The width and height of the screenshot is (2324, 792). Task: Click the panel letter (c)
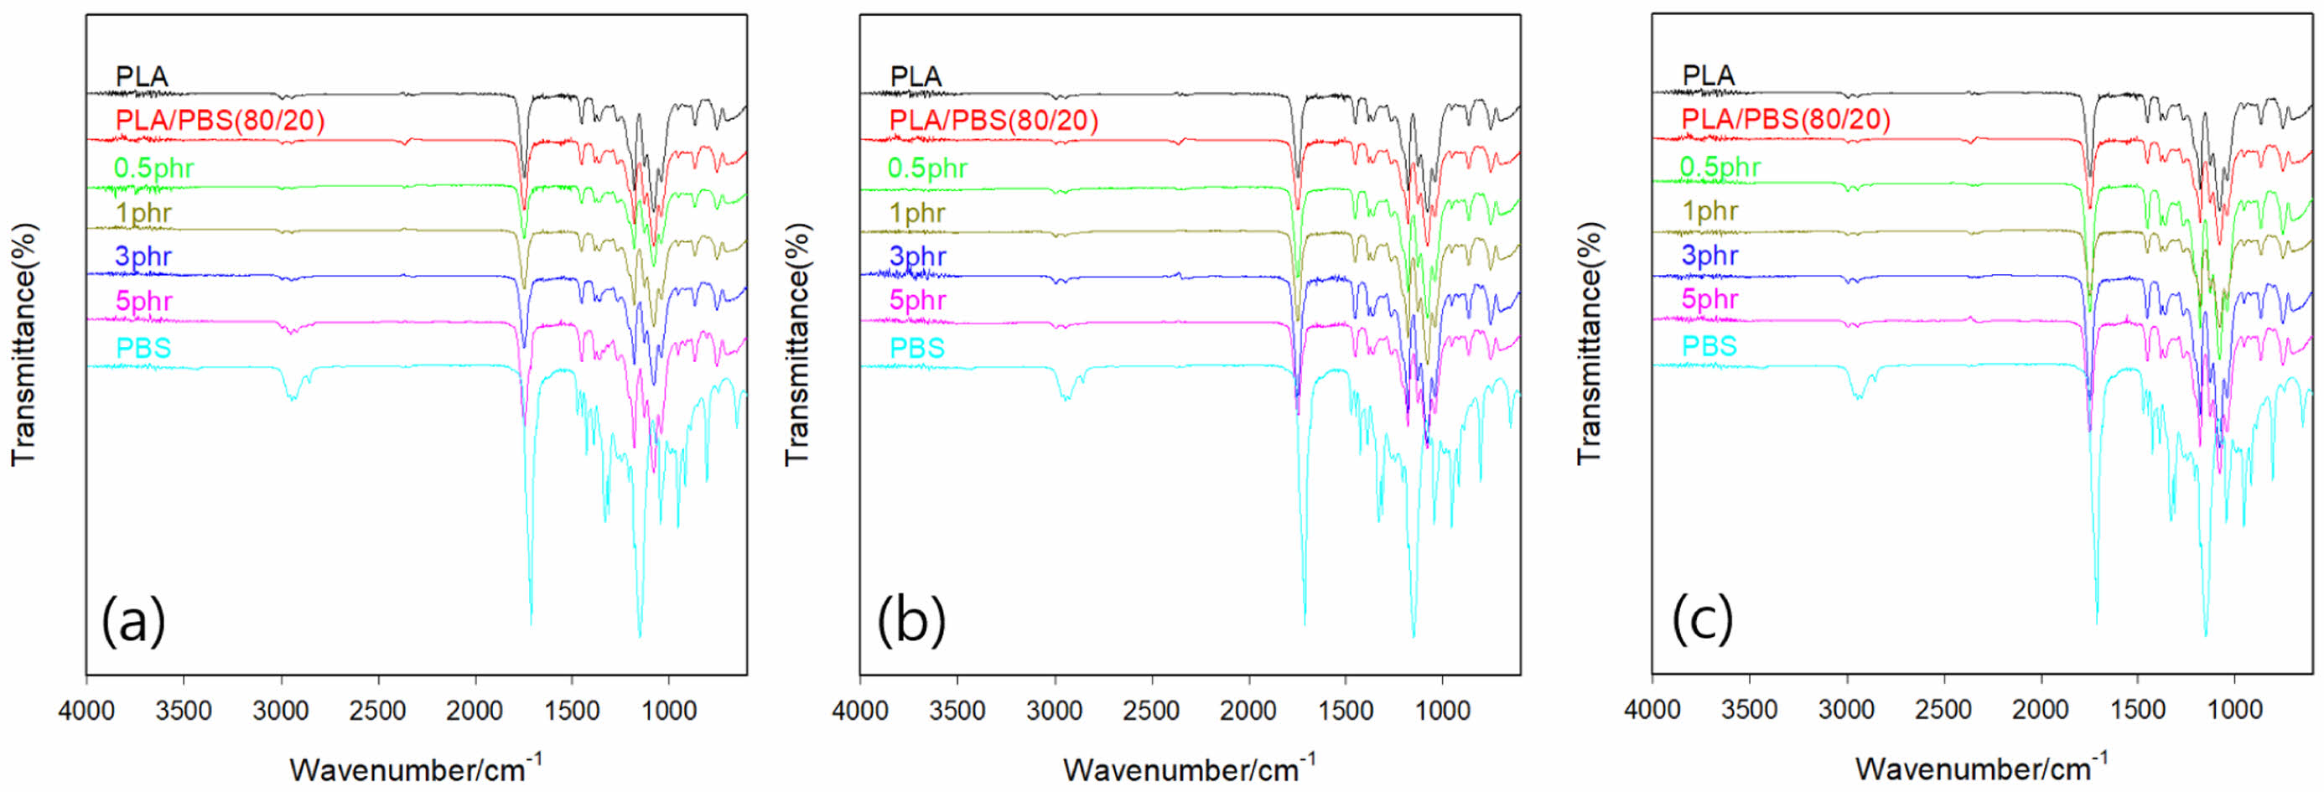coord(1703,619)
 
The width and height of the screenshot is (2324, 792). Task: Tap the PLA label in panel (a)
coord(142,76)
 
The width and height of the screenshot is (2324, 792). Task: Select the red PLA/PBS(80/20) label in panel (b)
coord(993,120)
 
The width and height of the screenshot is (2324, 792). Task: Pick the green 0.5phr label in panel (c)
coord(1720,167)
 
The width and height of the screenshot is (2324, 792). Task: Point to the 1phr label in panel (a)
coord(143,213)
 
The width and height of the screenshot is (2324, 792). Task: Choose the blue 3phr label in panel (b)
coord(917,256)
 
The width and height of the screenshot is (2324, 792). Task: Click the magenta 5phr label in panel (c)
coord(1709,298)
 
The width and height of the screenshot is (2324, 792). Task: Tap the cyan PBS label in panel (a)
coord(143,347)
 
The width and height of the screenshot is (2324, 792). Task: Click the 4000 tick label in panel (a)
coord(86,711)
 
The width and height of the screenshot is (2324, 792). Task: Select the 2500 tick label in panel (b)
coord(1152,711)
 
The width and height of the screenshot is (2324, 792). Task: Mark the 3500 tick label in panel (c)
coord(1750,710)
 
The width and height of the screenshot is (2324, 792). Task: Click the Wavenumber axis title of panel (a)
coord(415,769)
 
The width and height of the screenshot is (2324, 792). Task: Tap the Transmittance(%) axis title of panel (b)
coord(797,344)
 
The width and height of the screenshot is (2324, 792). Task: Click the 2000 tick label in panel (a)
coord(475,711)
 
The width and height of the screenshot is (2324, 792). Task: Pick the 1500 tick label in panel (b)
coord(1346,711)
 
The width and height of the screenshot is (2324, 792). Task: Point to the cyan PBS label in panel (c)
coord(1709,345)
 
